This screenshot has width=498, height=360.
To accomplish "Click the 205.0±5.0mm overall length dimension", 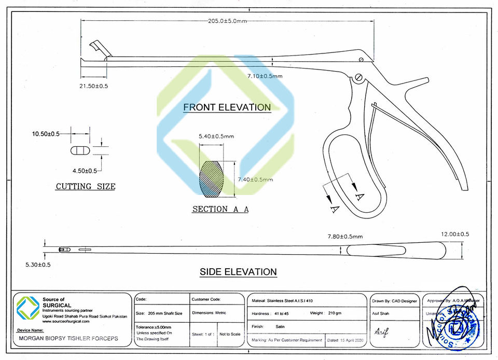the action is [227, 21].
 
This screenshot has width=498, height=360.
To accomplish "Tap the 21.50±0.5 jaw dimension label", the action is [94, 86].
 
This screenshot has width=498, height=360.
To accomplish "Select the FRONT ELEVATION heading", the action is [227, 107].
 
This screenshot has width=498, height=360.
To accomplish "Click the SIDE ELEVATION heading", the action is [238, 272].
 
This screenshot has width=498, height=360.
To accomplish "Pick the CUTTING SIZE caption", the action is [86, 186].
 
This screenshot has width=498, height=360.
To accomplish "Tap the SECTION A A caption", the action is [220, 209].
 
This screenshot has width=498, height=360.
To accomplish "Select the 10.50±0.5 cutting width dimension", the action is [46, 134].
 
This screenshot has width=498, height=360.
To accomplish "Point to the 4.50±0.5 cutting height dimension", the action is [85, 171].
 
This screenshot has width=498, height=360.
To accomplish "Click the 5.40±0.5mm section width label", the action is [216, 136].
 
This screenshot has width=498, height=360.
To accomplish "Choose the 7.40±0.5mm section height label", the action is [255, 179].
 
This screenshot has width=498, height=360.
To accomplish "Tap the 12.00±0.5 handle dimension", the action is [454, 234].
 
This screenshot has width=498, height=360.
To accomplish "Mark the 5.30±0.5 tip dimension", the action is [38, 265].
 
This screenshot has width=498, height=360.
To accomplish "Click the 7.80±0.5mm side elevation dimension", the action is [345, 237].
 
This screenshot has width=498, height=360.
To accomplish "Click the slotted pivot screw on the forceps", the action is [358, 78].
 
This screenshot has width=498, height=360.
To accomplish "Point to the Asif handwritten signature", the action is [381, 331].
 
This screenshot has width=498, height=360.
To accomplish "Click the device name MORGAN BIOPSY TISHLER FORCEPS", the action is [68, 338].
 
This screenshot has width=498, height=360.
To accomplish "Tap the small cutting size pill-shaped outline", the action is [79, 150].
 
